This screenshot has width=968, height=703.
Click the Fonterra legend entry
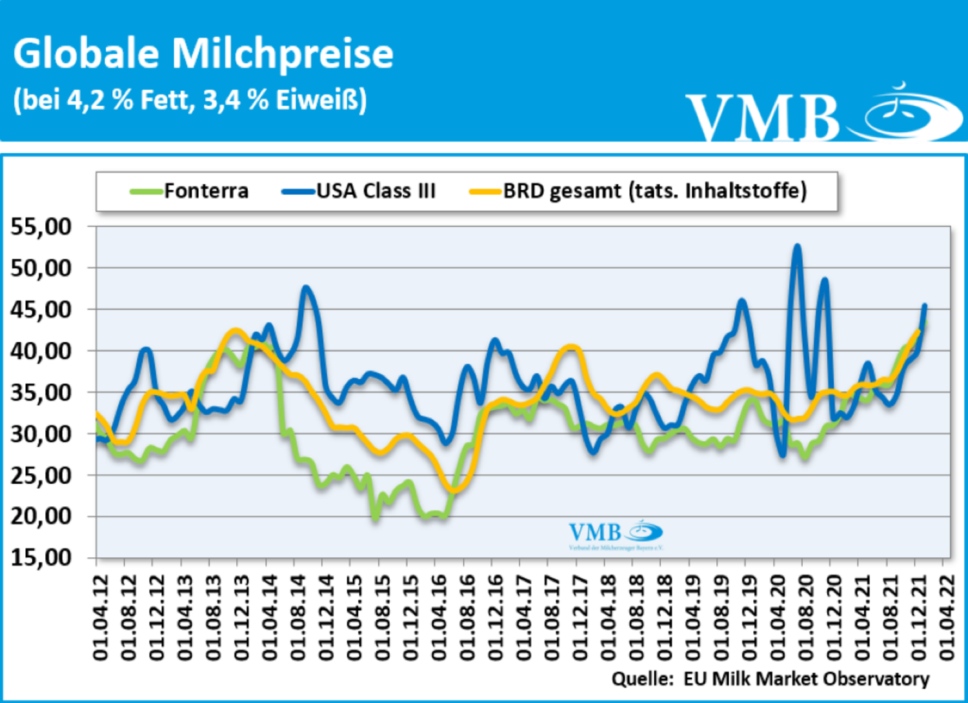(x=205, y=191)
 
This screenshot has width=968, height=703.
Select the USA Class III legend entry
(x=376, y=191)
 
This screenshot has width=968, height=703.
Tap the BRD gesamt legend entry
(x=654, y=191)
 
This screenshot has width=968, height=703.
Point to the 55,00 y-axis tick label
(x=41, y=227)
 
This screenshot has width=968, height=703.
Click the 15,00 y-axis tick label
(x=41, y=557)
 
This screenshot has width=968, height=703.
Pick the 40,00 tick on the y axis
(x=41, y=351)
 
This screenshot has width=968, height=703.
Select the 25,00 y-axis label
(x=41, y=475)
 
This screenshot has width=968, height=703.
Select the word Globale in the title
(x=86, y=54)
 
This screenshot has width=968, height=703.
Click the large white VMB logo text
(x=761, y=118)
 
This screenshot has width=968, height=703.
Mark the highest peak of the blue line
(x=798, y=246)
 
